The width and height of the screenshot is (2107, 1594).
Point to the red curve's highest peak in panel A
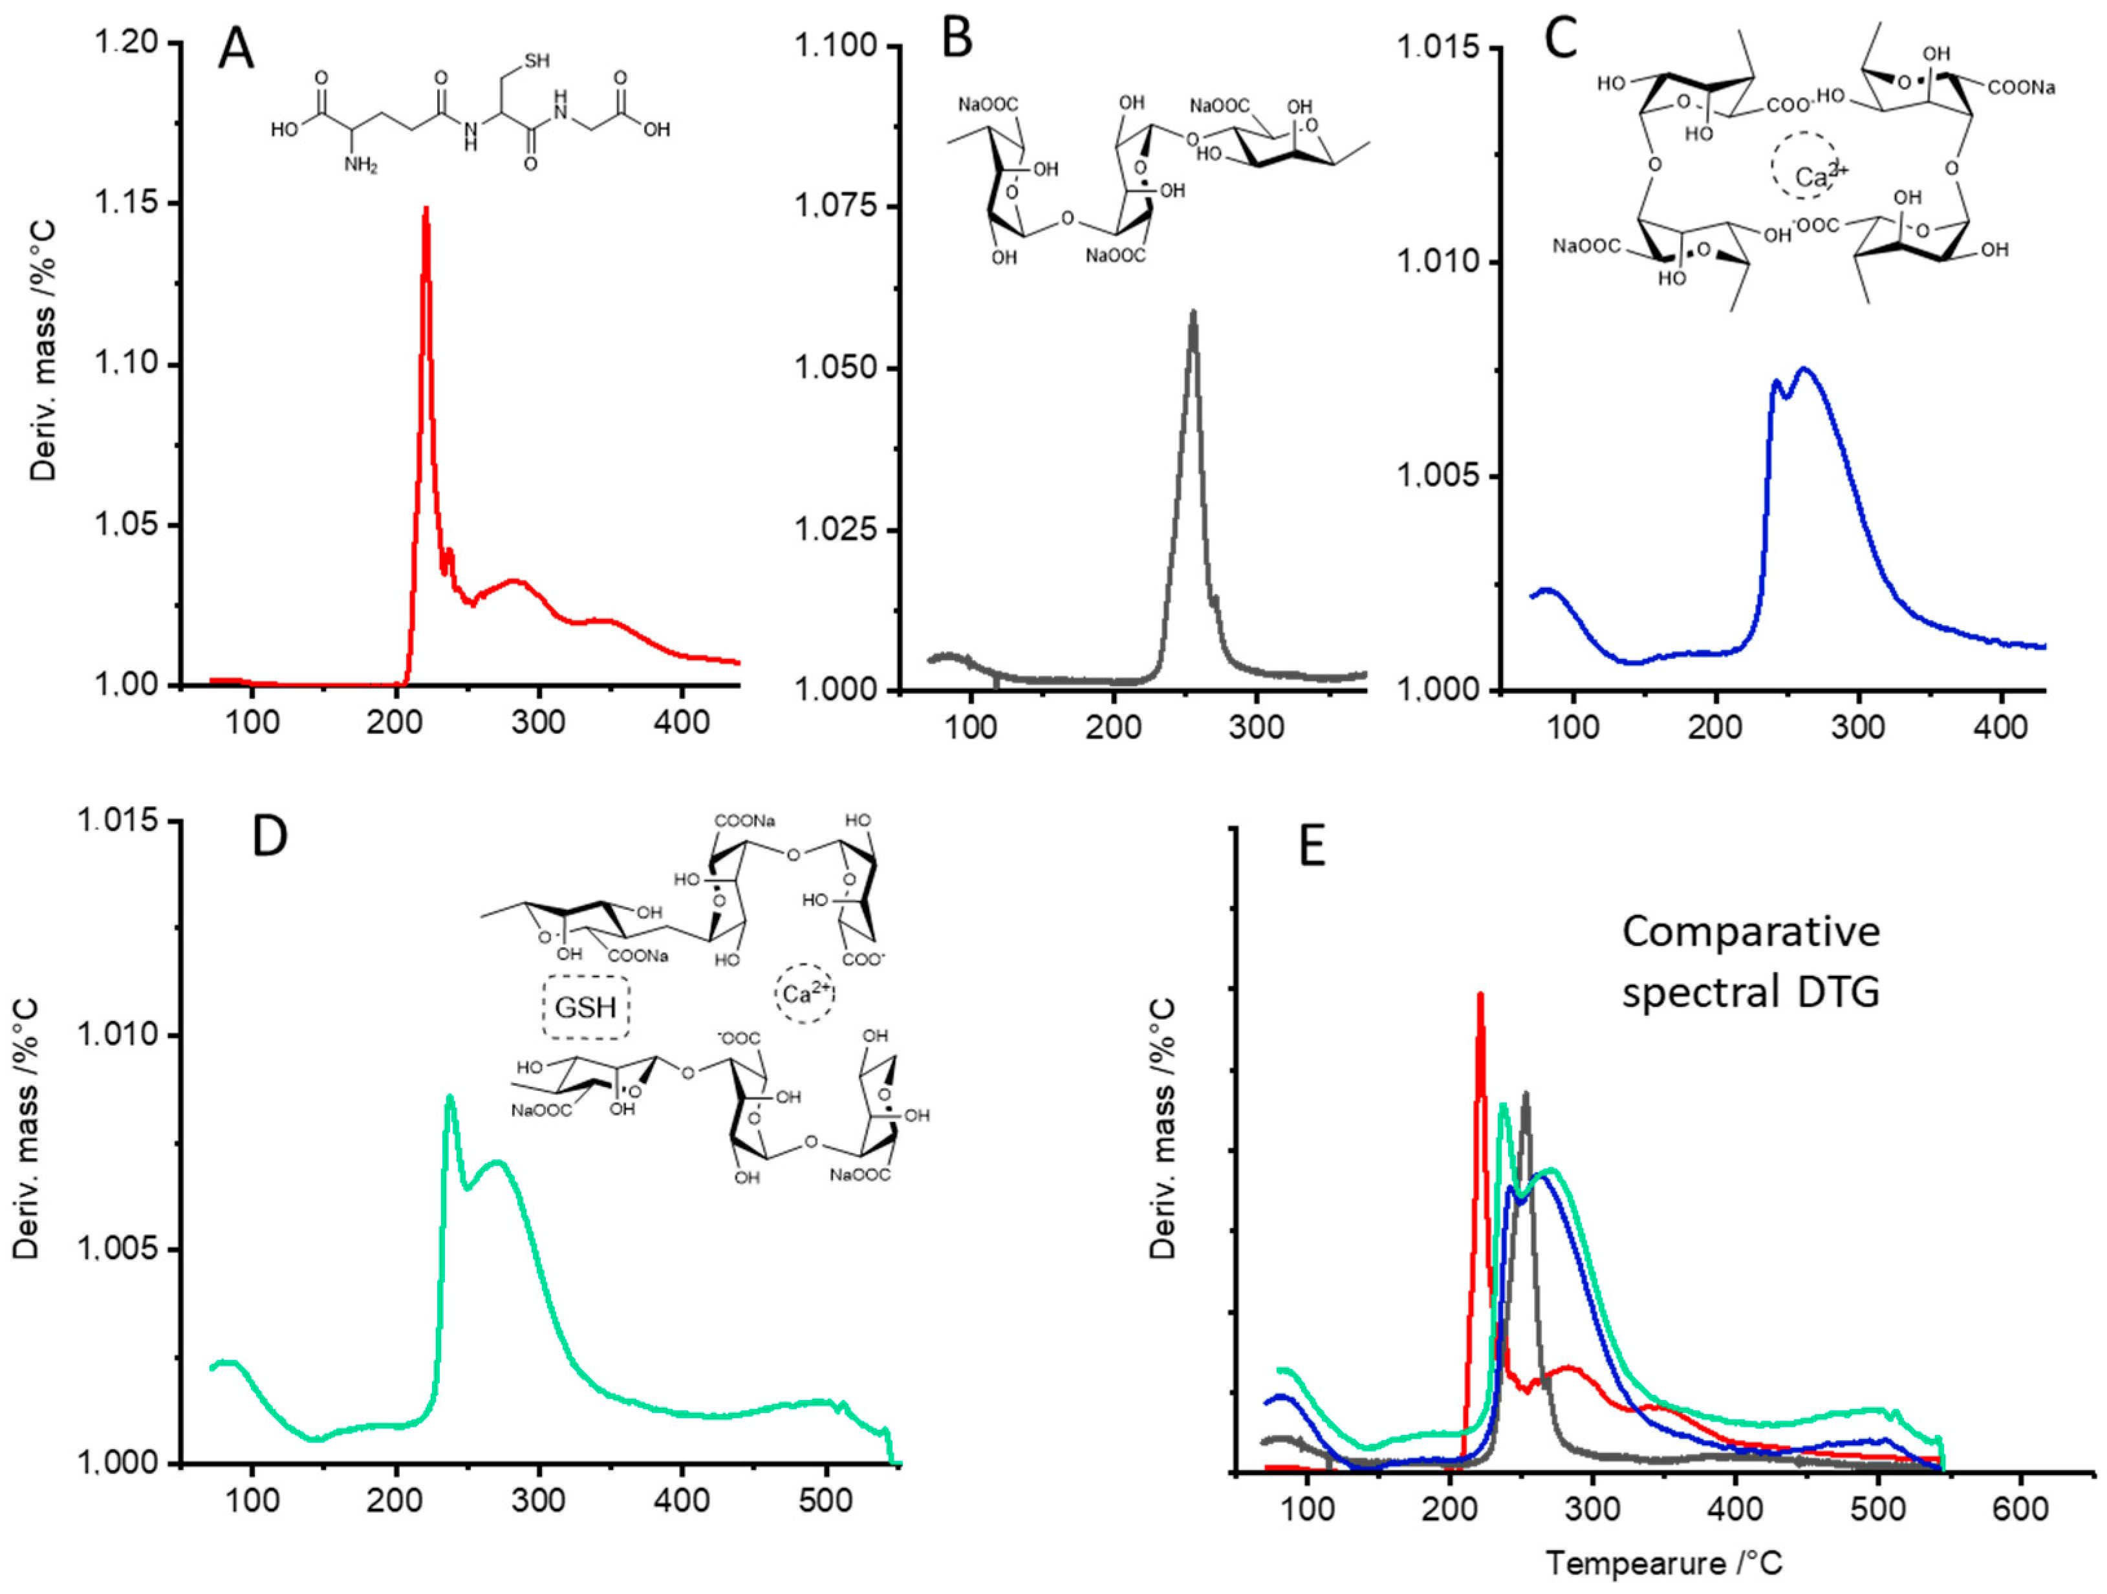click(x=426, y=210)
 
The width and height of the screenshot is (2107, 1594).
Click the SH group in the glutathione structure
click(x=536, y=61)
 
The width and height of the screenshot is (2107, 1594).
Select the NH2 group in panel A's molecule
click(x=361, y=165)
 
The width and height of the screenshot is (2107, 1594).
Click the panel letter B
click(x=957, y=41)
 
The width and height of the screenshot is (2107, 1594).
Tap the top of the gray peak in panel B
click(x=1193, y=314)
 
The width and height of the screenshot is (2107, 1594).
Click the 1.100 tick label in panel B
click(x=836, y=47)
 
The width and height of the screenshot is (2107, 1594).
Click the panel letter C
click(x=1559, y=41)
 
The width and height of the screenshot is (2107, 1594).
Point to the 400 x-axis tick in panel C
click(x=2000, y=727)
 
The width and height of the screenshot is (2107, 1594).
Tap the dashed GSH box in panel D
click(x=586, y=1006)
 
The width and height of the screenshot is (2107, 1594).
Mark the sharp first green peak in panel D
click(x=449, y=1098)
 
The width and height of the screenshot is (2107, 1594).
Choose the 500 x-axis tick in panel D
click(x=825, y=1502)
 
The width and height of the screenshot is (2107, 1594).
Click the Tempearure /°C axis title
click(x=1662, y=1564)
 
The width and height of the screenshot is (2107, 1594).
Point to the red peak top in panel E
click(x=1480, y=996)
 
